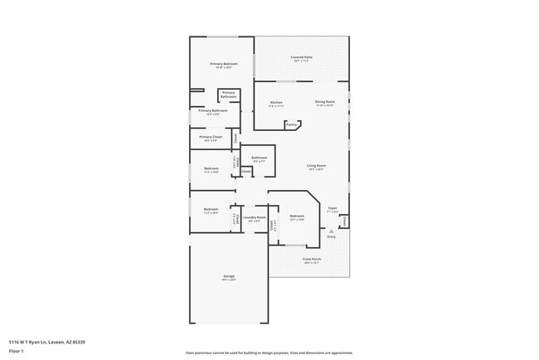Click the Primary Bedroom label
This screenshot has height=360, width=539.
pyautogui.click(x=224, y=64)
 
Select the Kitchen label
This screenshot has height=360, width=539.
pyautogui.click(x=276, y=102)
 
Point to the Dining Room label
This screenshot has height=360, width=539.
pyautogui.click(x=324, y=102)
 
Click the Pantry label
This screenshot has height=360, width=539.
pyautogui.click(x=292, y=125)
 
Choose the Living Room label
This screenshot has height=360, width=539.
pyautogui.click(x=316, y=165)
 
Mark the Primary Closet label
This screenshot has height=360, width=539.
pyautogui.click(x=211, y=137)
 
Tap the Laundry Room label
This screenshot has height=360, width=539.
pyautogui.click(x=255, y=217)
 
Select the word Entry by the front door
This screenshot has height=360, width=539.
pyautogui.click(x=332, y=236)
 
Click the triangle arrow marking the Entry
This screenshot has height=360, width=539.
pyautogui.click(x=332, y=231)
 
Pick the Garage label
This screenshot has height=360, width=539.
pyautogui.click(x=229, y=275)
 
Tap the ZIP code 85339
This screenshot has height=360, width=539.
pyautogui.click(x=79, y=341)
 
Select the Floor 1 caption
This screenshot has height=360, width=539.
pyautogui.click(x=17, y=351)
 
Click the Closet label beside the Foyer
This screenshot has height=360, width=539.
pyautogui.click(x=344, y=221)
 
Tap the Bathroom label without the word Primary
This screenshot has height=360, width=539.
pyautogui.click(x=260, y=158)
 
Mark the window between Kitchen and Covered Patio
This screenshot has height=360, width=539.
pyautogui.click(x=287, y=81)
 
